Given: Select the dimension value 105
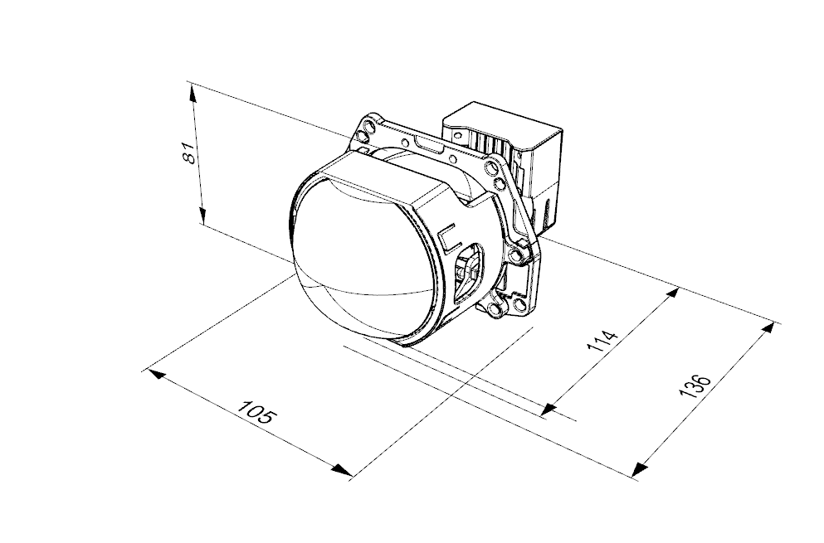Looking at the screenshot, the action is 257,412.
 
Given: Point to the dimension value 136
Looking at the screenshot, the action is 695,386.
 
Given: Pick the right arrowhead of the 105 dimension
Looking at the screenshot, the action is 342,470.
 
